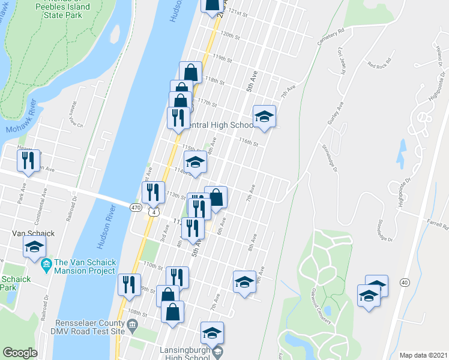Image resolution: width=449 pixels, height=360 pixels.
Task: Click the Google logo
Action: [20, 353]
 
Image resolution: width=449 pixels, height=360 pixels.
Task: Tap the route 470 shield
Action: [136, 206]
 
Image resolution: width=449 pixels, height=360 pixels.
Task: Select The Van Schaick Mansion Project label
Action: [83, 266]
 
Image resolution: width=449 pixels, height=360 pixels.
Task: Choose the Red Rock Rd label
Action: [379, 62]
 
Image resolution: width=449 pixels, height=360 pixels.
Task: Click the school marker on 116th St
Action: [264, 116]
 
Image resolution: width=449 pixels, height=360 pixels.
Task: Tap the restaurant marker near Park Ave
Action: [28, 160]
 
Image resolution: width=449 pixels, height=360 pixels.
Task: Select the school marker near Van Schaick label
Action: [34, 246]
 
